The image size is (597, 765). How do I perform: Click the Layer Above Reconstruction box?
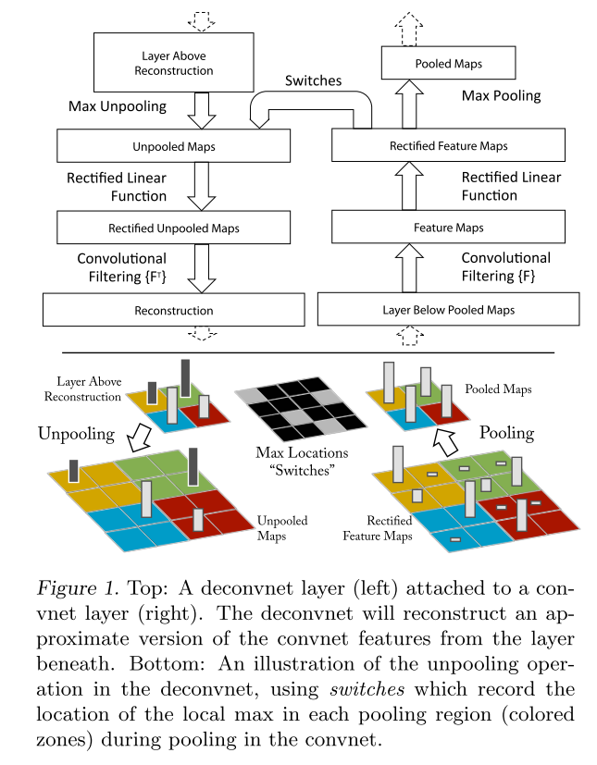point(174,63)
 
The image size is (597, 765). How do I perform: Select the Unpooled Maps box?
point(174,146)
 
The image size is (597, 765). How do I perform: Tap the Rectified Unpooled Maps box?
point(174,228)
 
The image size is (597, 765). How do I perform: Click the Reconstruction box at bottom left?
point(174,310)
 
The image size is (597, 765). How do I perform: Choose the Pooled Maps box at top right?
point(449,63)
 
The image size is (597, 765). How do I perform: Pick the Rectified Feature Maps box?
point(449,145)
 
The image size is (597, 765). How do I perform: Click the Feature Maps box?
point(449,227)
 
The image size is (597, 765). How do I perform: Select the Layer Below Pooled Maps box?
point(449,309)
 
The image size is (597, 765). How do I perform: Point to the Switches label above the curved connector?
point(314,80)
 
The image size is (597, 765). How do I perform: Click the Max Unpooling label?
point(118,106)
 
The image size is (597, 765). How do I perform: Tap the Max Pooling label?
point(502,95)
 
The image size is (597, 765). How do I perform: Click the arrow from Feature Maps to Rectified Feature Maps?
point(409,186)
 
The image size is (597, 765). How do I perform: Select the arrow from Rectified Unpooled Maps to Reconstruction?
point(202,268)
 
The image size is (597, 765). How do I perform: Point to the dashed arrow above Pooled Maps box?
point(409,30)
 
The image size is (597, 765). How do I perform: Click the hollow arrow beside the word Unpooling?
point(139,438)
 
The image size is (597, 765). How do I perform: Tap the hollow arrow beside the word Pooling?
point(445,441)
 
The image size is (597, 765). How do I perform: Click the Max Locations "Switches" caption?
point(302,461)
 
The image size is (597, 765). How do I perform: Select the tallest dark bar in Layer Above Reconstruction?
point(185,379)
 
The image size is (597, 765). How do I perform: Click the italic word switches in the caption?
point(367,689)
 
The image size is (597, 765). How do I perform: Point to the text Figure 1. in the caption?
point(78,589)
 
